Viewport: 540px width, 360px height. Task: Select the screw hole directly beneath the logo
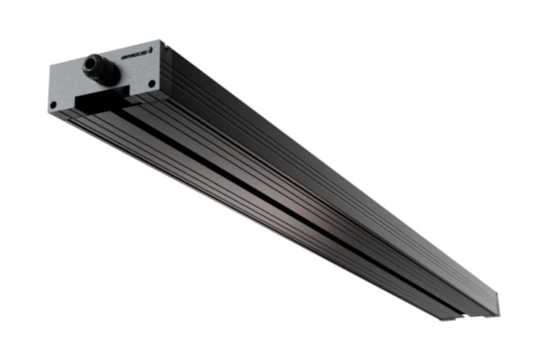[x=151, y=84]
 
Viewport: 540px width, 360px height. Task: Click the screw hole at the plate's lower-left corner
[x=54, y=104]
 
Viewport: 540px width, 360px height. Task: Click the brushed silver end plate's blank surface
[x=64, y=84]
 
